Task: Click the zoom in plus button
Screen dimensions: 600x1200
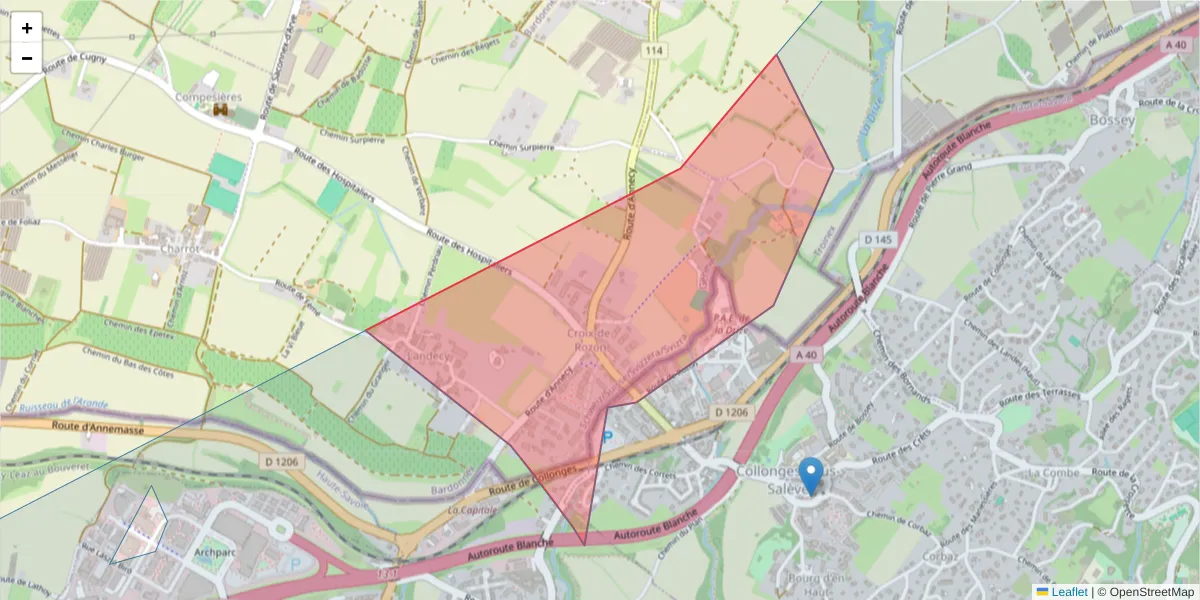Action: (x=26, y=28)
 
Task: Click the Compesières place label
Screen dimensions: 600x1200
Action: (x=208, y=97)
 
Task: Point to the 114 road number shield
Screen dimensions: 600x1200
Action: (x=655, y=50)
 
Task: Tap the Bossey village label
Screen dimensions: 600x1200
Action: (x=1114, y=120)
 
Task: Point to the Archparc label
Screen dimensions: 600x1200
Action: (x=216, y=551)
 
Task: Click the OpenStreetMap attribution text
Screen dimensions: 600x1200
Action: (x=1145, y=591)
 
